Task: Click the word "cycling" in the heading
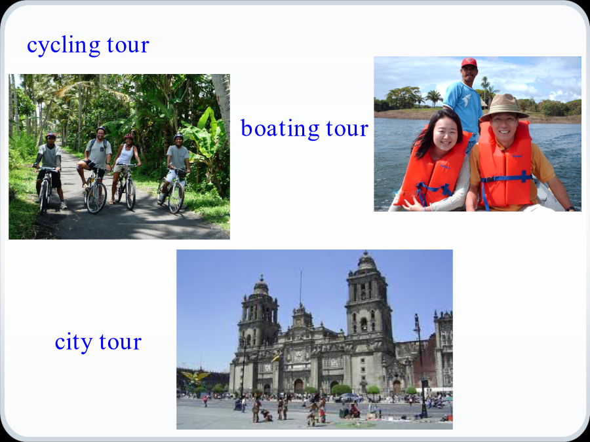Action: pos(64,46)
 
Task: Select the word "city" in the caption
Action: pos(73,342)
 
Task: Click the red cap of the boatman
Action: pos(469,62)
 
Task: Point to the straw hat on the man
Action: pos(504,107)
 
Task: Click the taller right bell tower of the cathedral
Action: pos(367,301)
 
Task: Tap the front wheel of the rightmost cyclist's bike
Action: pos(176,198)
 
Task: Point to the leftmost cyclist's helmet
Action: pos(50,136)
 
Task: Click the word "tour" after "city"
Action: pos(121,342)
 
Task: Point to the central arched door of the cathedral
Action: pos(298,386)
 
